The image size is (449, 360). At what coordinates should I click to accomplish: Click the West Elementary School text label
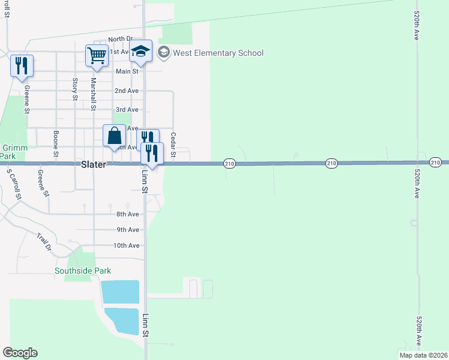[x=218, y=53]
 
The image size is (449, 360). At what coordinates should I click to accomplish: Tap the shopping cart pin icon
[x=96, y=55]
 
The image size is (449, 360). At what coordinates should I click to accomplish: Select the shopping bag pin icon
[x=114, y=136]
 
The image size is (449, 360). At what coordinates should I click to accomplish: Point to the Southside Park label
[x=83, y=271]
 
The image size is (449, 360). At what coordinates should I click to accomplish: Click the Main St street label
[x=127, y=71]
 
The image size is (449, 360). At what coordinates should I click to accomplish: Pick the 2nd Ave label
[x=127, y=91]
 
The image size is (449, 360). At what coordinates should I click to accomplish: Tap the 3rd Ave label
[x=127, y=110]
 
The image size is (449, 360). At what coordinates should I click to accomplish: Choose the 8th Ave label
[x=128, y=214]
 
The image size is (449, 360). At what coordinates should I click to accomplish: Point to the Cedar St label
[x=173, y=145]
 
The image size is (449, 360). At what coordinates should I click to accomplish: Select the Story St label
[x=75, y=89]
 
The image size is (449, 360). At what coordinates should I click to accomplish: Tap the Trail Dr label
[x=44, y=241]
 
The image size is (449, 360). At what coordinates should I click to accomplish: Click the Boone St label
[x=56, y=144]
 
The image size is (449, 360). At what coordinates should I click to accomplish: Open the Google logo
[x=20, y=353]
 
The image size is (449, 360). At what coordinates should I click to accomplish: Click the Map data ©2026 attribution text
[x=423, y=355]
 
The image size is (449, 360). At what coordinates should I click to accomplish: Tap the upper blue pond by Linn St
[x=120, y=292]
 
